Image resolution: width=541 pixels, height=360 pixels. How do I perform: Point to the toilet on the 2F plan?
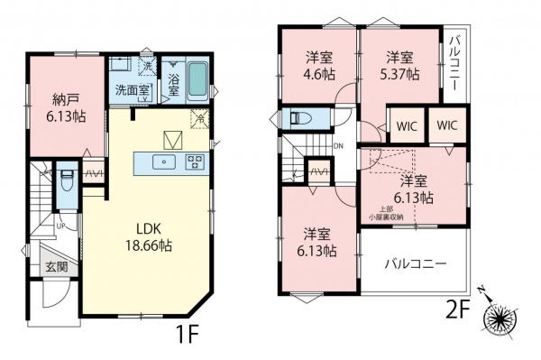pyautogui.click(x=302, y=118)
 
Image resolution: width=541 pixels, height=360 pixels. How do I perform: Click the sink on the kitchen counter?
pyautogui.click(x=164, y=162)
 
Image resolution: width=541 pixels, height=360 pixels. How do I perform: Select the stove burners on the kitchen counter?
pyautogui.click(x=194, y=162)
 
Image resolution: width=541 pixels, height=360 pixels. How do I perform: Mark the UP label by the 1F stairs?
pyautogui.click(x=60, y=226)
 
